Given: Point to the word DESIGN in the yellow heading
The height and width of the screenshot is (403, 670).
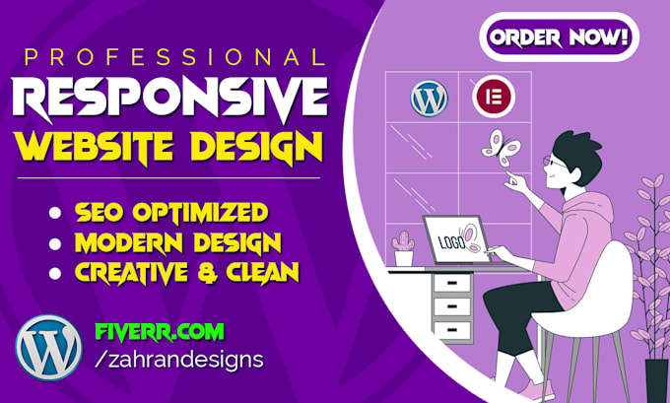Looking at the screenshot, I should (259, 150).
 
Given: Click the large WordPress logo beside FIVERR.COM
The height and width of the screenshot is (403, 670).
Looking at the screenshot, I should (47, 346).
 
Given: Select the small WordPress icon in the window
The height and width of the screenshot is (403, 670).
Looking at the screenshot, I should (429, 98).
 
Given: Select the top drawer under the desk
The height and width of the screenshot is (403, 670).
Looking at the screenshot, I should (450, 284).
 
